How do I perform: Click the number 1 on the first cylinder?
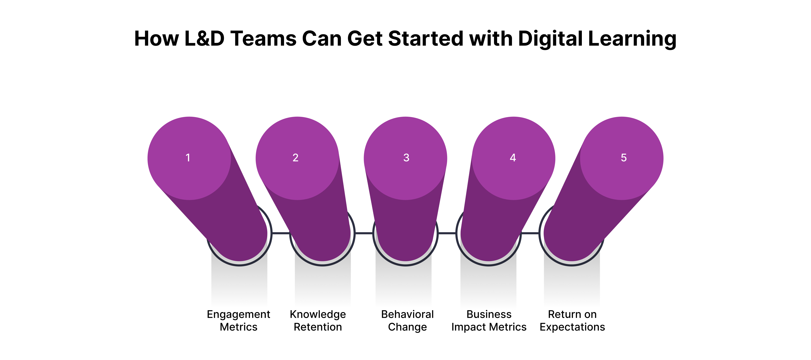coord(188,158)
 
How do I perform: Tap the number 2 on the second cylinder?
coord(295,158)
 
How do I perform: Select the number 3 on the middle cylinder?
coord(406,158)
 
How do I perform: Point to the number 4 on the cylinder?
coord(513,158)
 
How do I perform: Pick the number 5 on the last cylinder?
coord(624,158)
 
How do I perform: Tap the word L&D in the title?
coord(204,39)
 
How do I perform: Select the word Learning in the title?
coord(632,39)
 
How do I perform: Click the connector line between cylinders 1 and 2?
coord(280,233)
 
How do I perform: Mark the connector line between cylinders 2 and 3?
coord(364,233)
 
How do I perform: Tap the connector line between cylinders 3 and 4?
coord(447,233)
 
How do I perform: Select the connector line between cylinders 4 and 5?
coord(530,233)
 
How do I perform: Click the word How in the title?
coord(156,39)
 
